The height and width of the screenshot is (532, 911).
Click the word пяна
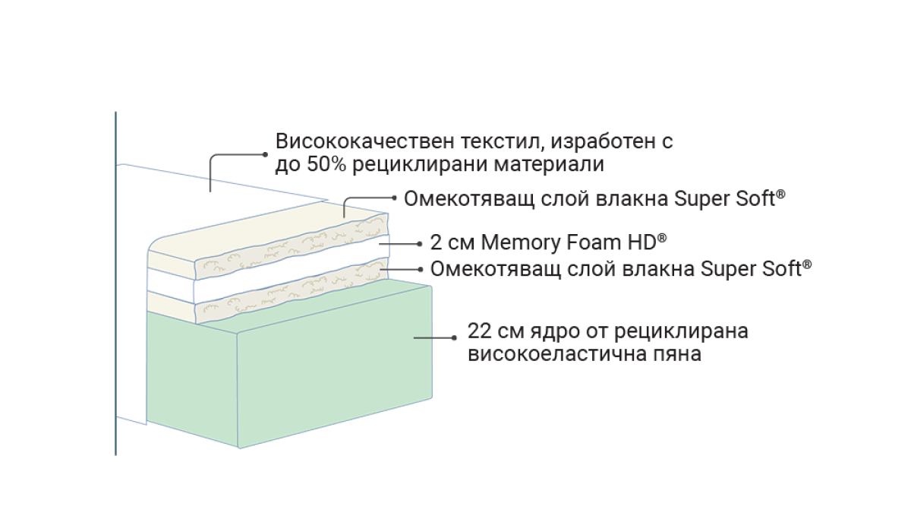[x=676, y=355]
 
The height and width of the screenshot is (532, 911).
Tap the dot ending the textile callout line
[x=265, y=154]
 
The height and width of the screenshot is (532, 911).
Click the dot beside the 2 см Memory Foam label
[x=420, y=245]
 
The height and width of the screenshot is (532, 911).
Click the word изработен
[x=601, y=142]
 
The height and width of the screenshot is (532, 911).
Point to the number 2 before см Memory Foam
[x=435, y=243]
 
